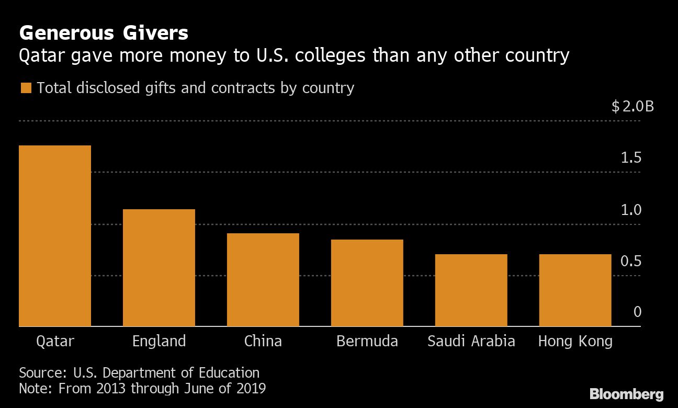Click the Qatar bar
(x=55, y=236)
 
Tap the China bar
(x=263, y=280)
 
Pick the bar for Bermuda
(x=367, y=283)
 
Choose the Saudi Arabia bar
(x=471, y=290)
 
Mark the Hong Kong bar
(x=575, y=290)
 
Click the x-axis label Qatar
(x=55, y=342)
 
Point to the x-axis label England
(x=159, y=342)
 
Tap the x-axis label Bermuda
(x=367, y=342)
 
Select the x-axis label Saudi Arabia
(x=471, y=342)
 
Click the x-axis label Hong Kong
(x=575, y=342)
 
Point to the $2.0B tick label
(x=632, y=107)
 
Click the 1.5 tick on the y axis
(x=631, y=158)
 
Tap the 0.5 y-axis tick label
(x=631, y=260)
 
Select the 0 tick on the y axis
(x=637, y=312)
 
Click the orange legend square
(x=26, y=88)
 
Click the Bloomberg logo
(x=626, y=394)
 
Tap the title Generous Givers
(x=104, y=33)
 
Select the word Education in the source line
(x=229, y=373)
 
